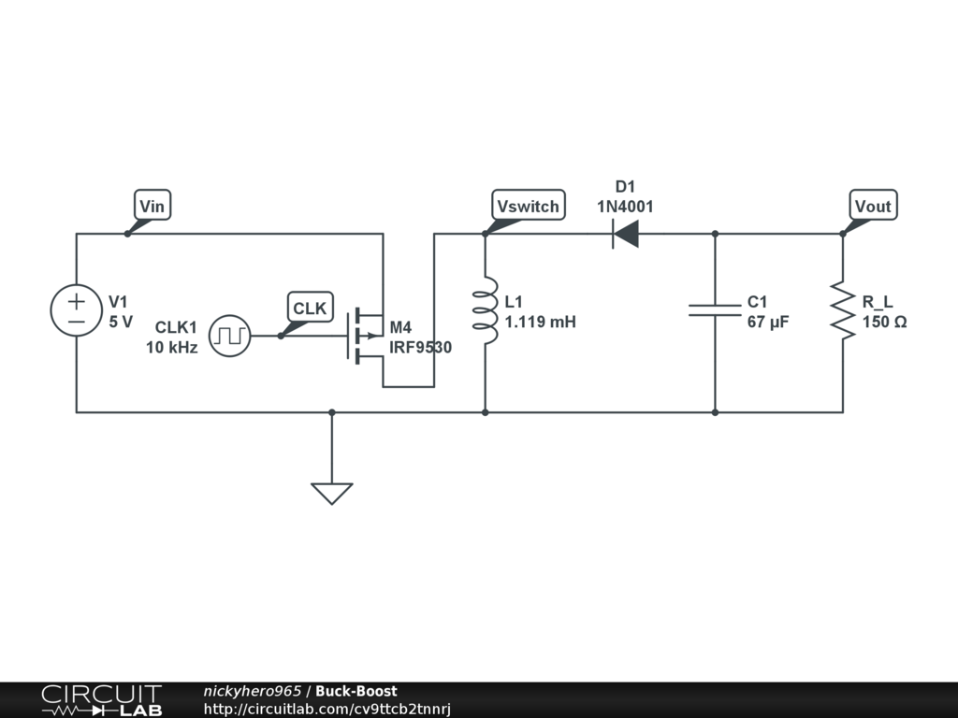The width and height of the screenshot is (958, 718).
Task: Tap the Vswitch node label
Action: [529, 206]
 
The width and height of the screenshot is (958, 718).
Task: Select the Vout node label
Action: [873, 206]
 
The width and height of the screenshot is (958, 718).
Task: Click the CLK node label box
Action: [310, 308]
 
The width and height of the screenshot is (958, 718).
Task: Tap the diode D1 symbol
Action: [625, 233]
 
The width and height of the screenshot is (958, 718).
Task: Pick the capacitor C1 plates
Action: [715, 309]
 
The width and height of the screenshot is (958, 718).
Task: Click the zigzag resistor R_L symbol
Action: [843, 311]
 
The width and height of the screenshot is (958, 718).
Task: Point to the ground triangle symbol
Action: [331, 493]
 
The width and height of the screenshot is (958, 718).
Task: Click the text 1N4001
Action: [625, 207]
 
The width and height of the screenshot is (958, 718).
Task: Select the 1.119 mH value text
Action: [540, 323]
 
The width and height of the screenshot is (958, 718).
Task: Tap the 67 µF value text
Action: [768, 323]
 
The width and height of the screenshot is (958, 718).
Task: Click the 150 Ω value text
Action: [884, 323]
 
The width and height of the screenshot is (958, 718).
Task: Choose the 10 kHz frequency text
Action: [171, 348]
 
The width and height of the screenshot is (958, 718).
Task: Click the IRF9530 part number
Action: [421, 348]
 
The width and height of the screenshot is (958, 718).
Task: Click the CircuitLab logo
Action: [101, 700]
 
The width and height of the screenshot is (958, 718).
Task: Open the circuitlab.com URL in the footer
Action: [327, 710]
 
